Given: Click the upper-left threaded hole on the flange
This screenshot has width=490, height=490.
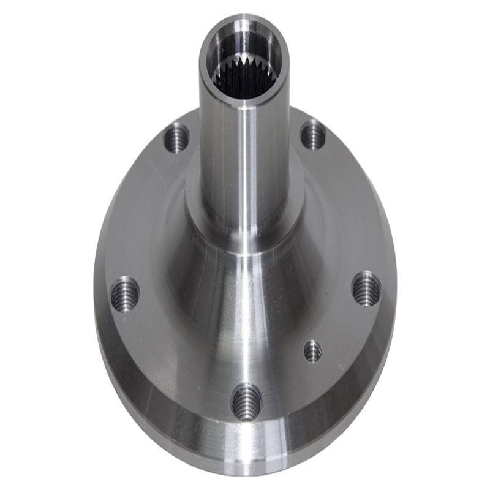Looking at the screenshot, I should pos(178,137).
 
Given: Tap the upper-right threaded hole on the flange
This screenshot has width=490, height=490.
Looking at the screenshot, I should pos(313,135).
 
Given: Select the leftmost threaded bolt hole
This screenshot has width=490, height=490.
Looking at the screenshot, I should pos(125,293).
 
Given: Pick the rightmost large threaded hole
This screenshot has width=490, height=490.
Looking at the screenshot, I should pos(366,288).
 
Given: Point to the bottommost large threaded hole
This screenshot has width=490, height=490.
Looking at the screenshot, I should pos(246,402).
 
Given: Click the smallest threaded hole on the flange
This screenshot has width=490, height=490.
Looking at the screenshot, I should pos(312,350).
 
